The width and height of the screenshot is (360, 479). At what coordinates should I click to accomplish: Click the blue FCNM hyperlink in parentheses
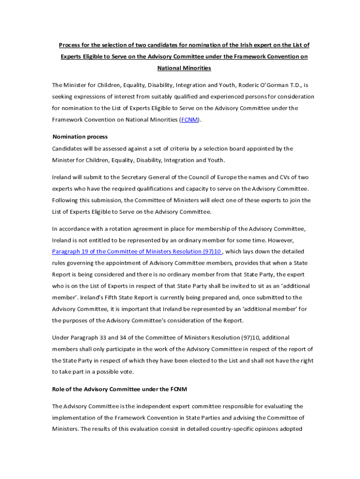click(189, 120)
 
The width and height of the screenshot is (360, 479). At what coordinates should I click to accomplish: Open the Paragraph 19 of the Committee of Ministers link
click(137, 252)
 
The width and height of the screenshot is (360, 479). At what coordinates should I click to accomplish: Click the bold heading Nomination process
click(80, 137)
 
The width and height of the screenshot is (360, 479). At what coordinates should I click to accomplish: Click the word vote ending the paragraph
click(127, 372)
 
